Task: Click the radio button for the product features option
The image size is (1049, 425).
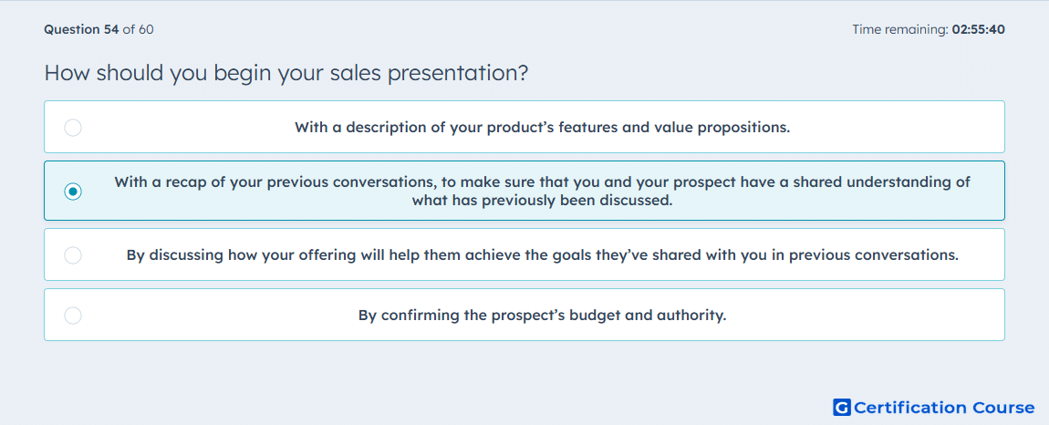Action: point(73,128)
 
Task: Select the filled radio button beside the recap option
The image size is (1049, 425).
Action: point(73,192)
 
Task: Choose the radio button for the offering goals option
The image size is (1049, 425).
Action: point(73,255)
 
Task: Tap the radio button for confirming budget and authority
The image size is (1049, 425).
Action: point(73,316)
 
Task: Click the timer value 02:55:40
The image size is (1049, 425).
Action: point(978,29)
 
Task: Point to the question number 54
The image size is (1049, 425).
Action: point(111,29)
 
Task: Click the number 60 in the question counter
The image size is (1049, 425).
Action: point(147,29)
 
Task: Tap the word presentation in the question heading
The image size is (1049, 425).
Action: point(458,73)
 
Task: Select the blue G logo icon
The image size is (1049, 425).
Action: point(842,407)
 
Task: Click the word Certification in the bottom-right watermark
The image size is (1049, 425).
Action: point(909,408)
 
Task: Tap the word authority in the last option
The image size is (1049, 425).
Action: point(691,316)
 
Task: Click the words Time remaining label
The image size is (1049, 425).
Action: point(899,29)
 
